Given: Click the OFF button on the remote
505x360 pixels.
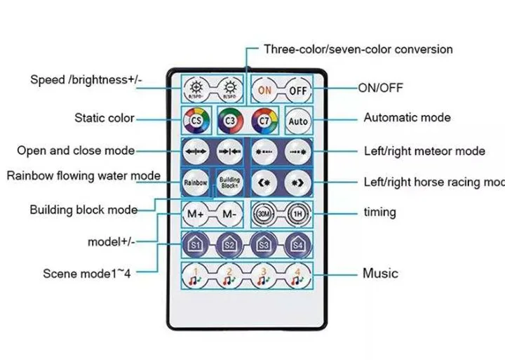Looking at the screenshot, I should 298,91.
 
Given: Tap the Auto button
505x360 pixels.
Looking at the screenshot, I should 298,121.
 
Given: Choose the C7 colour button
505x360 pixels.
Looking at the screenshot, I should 263,121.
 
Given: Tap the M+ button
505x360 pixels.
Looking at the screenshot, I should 195,212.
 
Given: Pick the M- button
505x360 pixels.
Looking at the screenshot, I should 229,212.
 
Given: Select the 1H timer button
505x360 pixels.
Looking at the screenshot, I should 298,213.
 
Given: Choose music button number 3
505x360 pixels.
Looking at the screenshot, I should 264,276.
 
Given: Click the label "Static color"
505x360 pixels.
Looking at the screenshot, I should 105,118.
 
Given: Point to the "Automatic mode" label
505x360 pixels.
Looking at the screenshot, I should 407,118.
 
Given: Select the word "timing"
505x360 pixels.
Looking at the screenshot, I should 379,212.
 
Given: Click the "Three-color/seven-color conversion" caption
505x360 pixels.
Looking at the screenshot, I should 358,49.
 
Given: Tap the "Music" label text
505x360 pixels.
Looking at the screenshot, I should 379,273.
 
